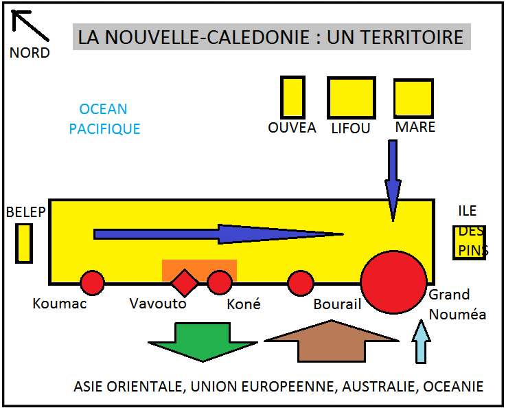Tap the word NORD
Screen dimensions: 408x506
(x=30, y=53)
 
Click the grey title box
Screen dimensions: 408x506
(x=271, y=36)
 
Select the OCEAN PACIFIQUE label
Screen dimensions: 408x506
(x=104, y=119)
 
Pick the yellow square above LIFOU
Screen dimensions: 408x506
(x=352, y=98)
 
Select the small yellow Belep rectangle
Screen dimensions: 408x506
(x=24, y=244)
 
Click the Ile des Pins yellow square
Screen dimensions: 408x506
(x=470, y=242)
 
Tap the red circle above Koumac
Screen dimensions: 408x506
(x=92, y=282)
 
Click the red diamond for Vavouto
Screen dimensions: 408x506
(x=185, y=282)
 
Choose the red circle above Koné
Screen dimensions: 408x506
(x=220, y=282)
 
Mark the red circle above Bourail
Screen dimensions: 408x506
(x=300, y=282)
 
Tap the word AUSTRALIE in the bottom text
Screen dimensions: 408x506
(x=382, y=387)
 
